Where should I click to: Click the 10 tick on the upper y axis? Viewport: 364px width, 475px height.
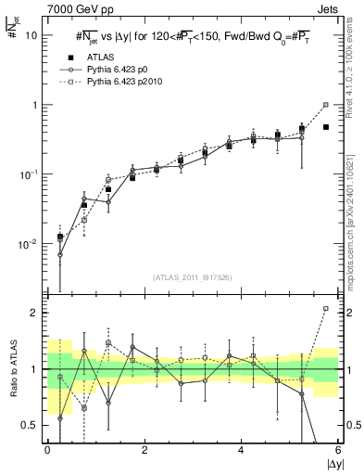[31, 35]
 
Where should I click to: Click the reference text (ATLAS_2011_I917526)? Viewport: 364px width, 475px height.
[192, 277]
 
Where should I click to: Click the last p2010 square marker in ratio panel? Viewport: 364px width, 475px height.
[326, 308]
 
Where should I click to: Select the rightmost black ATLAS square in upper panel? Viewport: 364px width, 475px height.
[326, 127]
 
